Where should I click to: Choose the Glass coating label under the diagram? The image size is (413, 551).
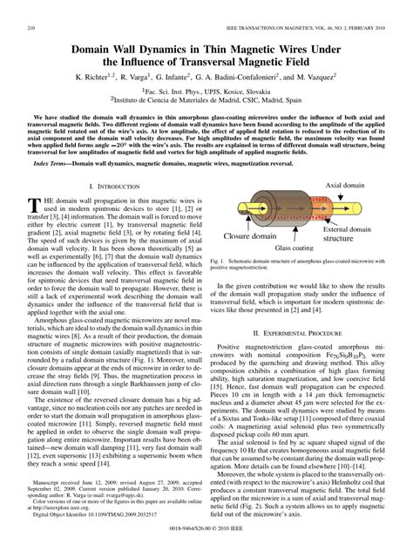(296, 247)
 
